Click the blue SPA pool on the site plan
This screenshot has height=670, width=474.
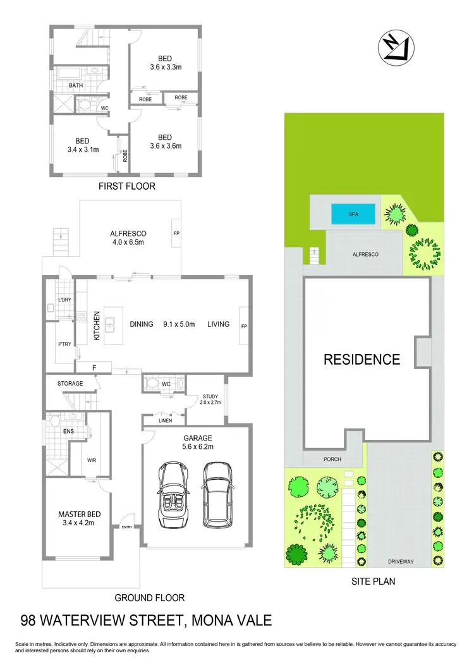click(x=353, y=214)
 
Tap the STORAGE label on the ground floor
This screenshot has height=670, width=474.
click(x=70, y=383)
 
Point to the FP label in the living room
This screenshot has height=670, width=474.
click(x=243, y=326)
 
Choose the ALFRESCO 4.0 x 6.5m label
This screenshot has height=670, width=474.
click(x=129, y=237)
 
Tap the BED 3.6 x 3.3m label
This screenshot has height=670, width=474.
click(x=165, y=63)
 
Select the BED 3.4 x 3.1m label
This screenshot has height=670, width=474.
click(x=82, y=145)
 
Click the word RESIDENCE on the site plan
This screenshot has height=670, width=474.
click(x=362, y=360)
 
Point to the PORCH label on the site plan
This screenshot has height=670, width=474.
click(x=314, y=460)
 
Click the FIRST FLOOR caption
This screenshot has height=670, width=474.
click(x=126, y=186)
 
